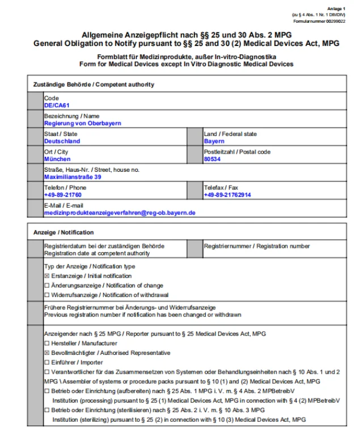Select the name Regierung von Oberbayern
click(x=82, y=123)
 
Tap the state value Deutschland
click(x=62, y=141)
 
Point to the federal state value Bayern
click(x=214, y=141)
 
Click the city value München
click(x=57, y=159)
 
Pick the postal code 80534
click(x=212, y=159)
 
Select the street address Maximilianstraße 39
click(x=73, y=177)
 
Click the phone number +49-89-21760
click(x=63, y=195)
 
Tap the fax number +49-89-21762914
click(x=227, y=195)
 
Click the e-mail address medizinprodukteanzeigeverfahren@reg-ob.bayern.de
click(x=120, y=213)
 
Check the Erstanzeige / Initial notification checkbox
click(x=47, y=276)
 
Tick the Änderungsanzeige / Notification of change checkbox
click(x=47, y=286)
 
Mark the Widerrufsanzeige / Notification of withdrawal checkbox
click(x=47, y=295)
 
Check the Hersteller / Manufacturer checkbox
click(x=47, y=344)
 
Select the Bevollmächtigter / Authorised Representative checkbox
click(x=47, y=353)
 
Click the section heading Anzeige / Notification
click(x=63, y=232)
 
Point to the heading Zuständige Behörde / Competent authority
click(x=94, y=84)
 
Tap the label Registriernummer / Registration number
click(x=257, y=246)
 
